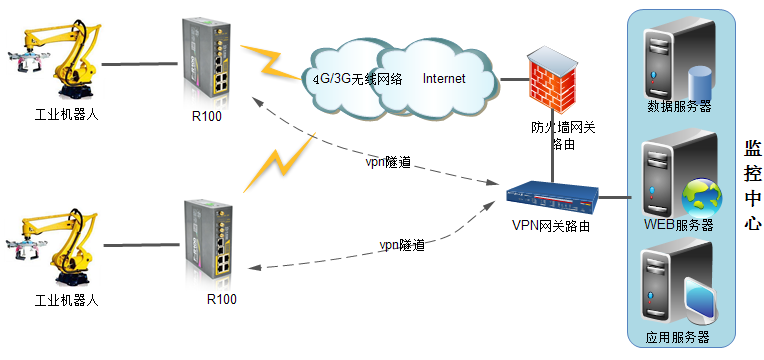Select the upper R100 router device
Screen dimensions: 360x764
[x=207, y=62]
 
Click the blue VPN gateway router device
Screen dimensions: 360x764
[x=550, y=198]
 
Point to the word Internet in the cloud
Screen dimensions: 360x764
[x=444, y=78]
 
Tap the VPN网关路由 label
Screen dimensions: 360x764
[x=549, y=227]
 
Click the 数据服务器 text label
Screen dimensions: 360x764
[x=679, y=106]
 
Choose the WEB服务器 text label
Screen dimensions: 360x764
[x=679, y=225]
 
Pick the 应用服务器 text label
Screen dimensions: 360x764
[x=678, y=336]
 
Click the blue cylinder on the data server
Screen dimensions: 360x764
[x=698, y=80]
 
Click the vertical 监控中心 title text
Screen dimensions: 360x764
[x=753, y=186]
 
